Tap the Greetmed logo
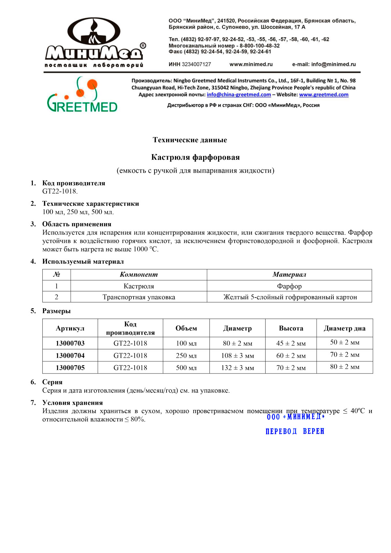coord(82,95)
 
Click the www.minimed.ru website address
coord(251,65)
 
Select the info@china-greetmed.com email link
coord(239,95)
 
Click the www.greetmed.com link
coord(324,95)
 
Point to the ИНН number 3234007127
coord(196,65)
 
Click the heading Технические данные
coord(190,140)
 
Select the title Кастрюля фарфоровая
coord(195,157)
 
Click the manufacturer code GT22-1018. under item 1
coord(60,191)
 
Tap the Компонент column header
coord(138,275)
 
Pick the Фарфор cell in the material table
coord(289,286)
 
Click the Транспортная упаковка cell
coord(138,297)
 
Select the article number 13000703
coord(70,343)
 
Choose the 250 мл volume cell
coord(186,356)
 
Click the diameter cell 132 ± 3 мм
coord(237,368)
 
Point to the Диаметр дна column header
coord(344,328)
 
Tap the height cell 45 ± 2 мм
coord(291,343)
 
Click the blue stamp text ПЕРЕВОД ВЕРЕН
coord(295,431)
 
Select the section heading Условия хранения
coord(72,403)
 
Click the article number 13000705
coord(70,368)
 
